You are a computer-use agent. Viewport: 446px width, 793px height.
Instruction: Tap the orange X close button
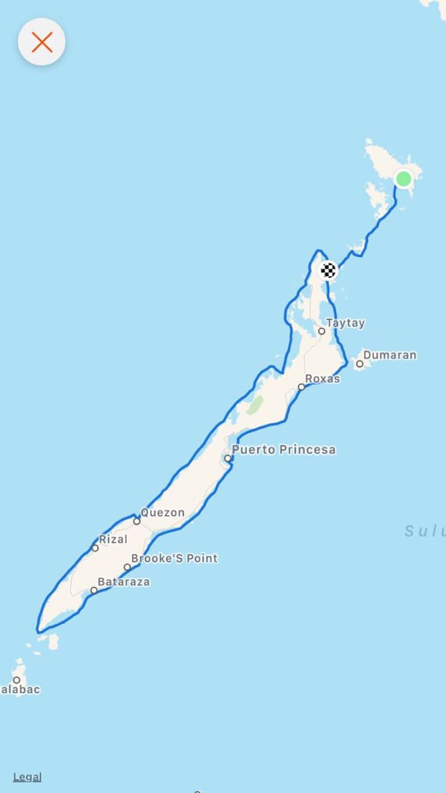pos(42,42)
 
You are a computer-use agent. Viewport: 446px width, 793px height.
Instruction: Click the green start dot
pos(403,178)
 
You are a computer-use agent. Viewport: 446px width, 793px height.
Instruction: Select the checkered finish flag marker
pos(328,270)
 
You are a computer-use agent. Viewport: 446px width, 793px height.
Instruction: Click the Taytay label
pos(346,323)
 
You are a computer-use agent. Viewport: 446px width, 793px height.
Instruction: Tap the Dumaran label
pos(390,355)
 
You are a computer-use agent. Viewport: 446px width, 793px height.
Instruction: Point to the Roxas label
pos(322,379)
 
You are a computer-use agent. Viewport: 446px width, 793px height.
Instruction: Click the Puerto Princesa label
pos(283,449)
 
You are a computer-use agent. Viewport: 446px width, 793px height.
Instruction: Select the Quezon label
pos(163,512)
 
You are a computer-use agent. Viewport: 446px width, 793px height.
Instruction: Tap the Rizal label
pos(113,539)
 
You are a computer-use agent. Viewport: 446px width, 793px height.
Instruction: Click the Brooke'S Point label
pos(174,558)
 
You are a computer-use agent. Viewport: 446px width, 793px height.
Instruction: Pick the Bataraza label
pos(124,582)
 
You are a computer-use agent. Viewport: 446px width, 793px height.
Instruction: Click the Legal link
pos(27,777)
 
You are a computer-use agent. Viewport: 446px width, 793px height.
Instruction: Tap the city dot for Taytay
pos(322,331)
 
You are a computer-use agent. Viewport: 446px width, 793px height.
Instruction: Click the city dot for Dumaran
pos(359,363)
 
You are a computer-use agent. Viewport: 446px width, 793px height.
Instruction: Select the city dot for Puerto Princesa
pos(228,458)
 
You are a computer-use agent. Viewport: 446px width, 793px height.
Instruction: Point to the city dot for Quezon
pos(137,521)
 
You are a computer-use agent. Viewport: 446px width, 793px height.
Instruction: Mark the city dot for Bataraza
pos(94,590)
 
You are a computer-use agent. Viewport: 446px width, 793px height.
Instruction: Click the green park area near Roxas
pos(254,404)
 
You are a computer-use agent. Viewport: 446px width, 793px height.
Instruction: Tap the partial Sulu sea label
pos(425,530)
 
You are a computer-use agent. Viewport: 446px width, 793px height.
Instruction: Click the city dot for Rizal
pos(95,548)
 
